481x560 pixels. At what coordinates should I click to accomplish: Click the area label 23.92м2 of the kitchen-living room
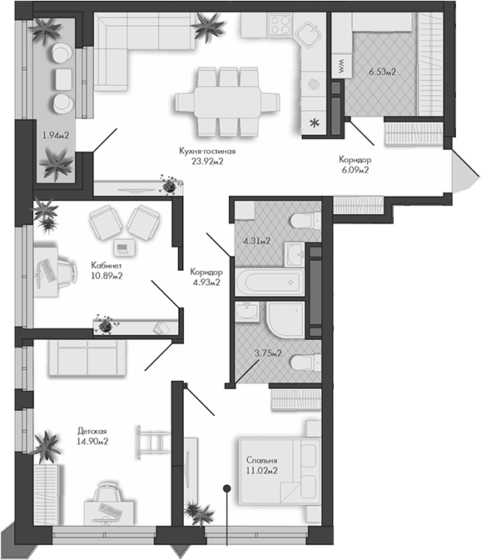[208, 162]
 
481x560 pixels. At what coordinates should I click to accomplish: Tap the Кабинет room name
[107, 266]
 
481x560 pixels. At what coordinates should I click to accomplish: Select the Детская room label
[92, 430]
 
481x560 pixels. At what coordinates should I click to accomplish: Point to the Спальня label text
[261, 460]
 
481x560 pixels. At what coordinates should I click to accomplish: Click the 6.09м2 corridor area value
[355, 169]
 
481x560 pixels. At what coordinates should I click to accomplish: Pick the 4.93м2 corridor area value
[204, 283]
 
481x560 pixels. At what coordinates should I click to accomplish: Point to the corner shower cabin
[285, 317]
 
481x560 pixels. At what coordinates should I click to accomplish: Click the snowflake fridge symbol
[314, 124]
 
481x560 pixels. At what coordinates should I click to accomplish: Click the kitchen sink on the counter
[310, 32]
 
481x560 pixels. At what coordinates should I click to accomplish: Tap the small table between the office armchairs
[124, 247]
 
